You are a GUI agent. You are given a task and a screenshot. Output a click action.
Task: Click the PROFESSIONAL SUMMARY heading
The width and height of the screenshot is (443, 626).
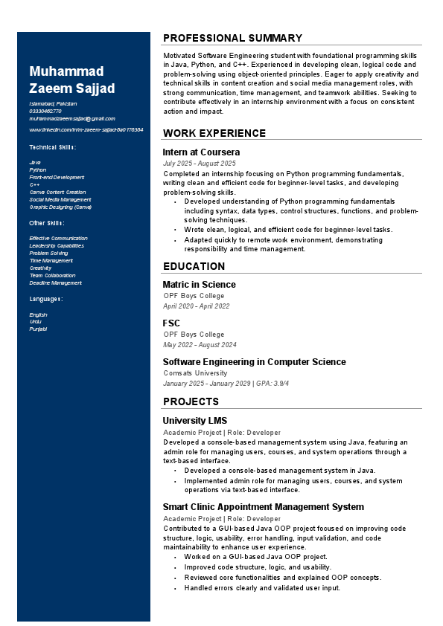coord(232,38)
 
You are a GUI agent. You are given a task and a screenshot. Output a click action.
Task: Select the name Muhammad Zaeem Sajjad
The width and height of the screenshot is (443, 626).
coord(72,80)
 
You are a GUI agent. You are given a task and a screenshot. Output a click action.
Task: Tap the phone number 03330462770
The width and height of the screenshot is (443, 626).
coord(45,111)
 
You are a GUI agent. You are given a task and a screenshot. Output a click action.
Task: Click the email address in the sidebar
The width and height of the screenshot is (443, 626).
coord(72,118)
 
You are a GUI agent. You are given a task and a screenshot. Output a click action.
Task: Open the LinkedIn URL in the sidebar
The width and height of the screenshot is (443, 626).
coord(86,129)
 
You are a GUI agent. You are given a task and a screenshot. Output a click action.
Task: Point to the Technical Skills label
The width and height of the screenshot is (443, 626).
coord(52,147)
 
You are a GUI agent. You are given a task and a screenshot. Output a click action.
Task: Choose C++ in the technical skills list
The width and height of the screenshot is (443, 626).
coord(34,184)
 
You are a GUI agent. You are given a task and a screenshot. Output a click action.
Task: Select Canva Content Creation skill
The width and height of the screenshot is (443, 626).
coord(57,192)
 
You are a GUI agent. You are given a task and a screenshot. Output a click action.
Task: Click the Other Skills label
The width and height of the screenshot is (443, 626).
coord(46,223)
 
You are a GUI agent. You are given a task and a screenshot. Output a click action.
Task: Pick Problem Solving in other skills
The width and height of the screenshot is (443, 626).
coord(48,253)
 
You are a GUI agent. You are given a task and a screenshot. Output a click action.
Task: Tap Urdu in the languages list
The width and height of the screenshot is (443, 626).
coord(36,321)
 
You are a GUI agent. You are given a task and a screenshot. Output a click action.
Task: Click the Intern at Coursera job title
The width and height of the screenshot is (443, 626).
coord(201,152)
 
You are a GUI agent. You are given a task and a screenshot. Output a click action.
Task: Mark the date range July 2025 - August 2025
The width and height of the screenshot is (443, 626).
coord(199,163)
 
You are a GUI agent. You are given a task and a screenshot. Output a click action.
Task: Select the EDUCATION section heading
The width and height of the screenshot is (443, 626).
coord(194,266)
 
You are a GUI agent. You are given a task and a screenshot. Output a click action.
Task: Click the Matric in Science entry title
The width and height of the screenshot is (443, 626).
coord(199,284)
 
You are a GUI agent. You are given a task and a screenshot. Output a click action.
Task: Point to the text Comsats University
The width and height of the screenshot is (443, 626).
coord(195,372)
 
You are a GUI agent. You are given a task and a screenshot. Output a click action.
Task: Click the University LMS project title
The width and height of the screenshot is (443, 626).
coord(195,420)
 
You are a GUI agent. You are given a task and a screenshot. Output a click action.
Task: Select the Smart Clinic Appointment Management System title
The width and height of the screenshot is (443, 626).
coord(263,506)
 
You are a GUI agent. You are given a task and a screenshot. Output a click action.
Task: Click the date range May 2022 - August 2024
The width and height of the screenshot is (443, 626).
coord(200,344)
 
